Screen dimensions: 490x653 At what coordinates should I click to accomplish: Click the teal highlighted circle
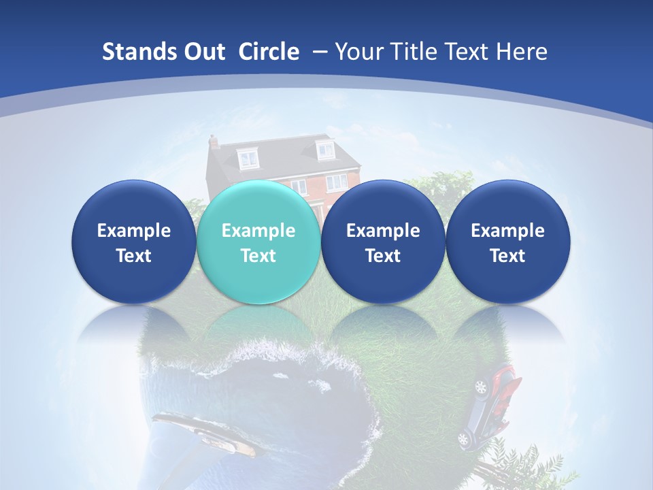pos(258,242)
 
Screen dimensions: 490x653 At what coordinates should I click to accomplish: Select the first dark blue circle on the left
pos(133,242)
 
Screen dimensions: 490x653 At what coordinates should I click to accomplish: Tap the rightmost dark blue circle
pos(507,242)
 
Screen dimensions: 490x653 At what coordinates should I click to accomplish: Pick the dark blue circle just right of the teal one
pos(383,242)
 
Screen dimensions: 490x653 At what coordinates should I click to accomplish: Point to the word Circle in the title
pos(269,52)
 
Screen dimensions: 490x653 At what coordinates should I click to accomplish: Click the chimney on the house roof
pos(214,142)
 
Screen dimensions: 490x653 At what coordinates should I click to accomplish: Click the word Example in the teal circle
pos(258,231)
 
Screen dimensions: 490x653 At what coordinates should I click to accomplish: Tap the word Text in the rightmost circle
pos(507,256)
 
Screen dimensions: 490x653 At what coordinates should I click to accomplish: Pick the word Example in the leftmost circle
pos(133,231)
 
